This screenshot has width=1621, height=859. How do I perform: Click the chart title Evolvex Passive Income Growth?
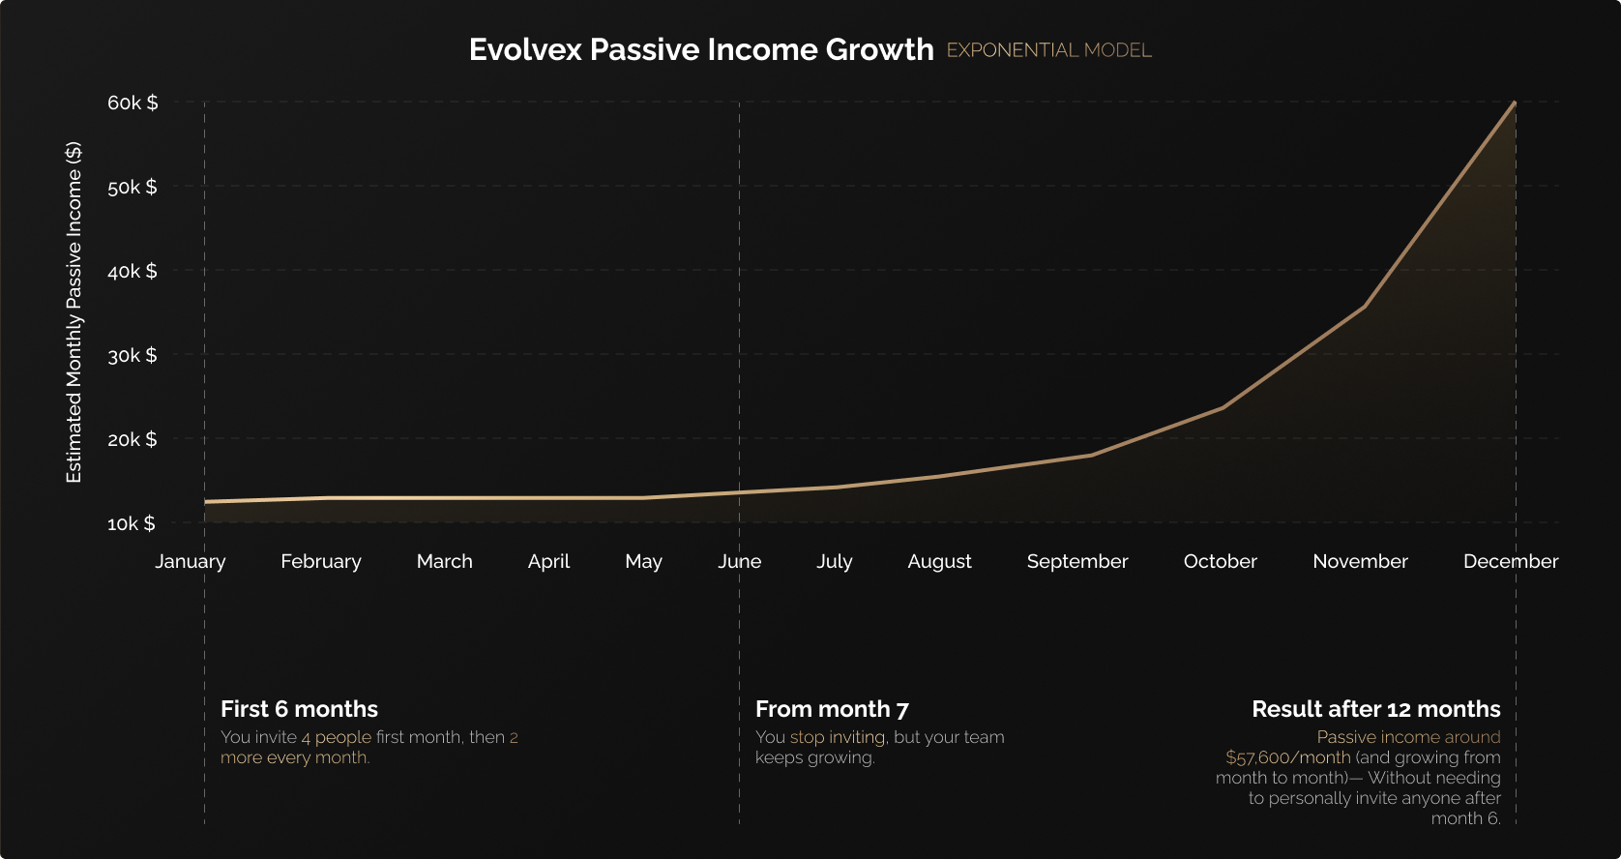(x=701, y=49)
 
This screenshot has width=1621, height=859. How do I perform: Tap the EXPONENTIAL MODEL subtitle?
(x=1048, y=50)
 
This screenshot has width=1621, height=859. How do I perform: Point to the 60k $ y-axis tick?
(x=133, y=103)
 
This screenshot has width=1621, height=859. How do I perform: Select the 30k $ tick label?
(x=133, y=355)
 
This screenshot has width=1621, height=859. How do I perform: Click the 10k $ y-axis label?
(x=132, y=523)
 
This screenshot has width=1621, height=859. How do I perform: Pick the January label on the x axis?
(x=191, y=561)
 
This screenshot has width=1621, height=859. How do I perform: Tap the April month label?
(x=548, y=561)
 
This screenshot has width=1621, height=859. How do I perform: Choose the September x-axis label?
(x=1076, y=561)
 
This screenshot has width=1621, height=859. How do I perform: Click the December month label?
(x=1510, y=561)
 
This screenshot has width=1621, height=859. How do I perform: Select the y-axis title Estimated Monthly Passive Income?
(x=74, y=312)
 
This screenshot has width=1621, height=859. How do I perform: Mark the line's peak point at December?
(x=1515, y=103)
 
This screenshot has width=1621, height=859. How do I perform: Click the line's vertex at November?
(x=1364, y=307)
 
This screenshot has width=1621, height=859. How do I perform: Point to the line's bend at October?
(x=1223, y=407)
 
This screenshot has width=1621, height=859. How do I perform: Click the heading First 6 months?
(x=299, y=709)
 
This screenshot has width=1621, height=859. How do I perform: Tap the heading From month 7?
(x=832, y=709)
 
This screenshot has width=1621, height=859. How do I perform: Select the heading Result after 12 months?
(x=1375, y=709)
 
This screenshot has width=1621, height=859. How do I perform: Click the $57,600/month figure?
(x=1287, y=757)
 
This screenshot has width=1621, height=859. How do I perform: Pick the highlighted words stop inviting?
(x=838, y=737)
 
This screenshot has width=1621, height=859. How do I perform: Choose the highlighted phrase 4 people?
(x=336, y=737)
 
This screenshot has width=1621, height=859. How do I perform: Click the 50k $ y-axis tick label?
(x=133, y=187)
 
